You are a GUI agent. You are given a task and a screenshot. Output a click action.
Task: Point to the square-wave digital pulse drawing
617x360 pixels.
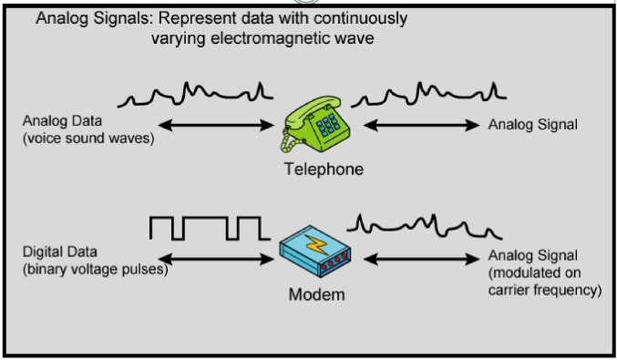pyautogui.click(x=206, y=228)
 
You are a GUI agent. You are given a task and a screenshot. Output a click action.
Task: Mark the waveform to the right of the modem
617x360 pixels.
pyautogui.click(x=423, y=223)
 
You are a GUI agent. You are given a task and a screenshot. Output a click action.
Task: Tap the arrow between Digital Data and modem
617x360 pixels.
pyautogui.click(x=220, y=259)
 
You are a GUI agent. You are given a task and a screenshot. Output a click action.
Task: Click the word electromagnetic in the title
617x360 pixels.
pyautogui.click(x=283, y=38)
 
